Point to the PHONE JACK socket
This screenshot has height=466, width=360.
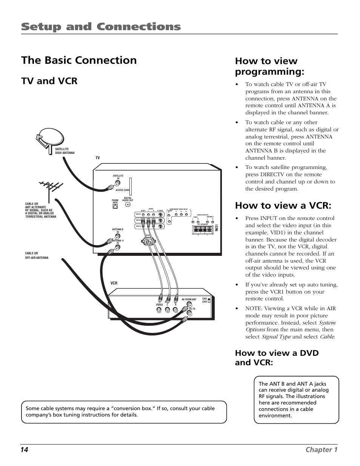coord(115,206)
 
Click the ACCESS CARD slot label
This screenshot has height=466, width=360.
coord(122,190)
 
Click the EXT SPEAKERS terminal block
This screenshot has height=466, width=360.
coord(202,229)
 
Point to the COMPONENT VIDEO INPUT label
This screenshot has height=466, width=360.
coord(178,209)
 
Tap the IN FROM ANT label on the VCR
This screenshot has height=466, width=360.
coord(189,299)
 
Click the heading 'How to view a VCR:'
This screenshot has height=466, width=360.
coord(283,205)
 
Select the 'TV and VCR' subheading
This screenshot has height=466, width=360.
coord(49,81)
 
